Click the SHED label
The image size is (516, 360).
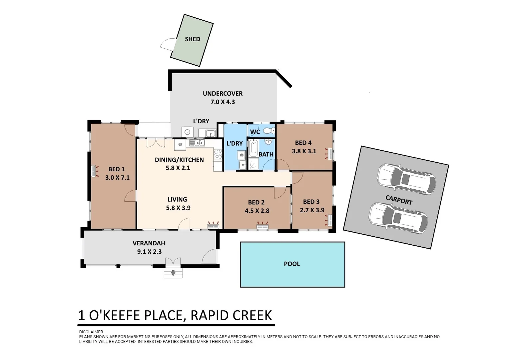pyautogui.click(x=193, y=39)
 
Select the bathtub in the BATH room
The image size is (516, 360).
pyautogui.click(x=253, y=150)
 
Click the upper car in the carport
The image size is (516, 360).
pyautogui.click(x=406, y=179)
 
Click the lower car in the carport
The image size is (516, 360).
pyautogui.click(x=398, y=218)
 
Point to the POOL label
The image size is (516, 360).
pyautogui.click(x=292, y=264)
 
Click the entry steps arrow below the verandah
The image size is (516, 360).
pyautogui.click(x=173, y=273)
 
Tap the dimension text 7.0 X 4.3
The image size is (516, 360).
pyautogui.click(x=223, y=102)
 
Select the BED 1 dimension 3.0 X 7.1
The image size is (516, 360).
pyautogui.click(x=117, y=178)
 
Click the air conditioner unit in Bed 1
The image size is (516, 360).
pyautogui.click(x=94, y=171)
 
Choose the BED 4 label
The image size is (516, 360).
pyautogui.click(x=303, y=143)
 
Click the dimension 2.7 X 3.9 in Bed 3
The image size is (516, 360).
pyautogui.click(x=312, y=210)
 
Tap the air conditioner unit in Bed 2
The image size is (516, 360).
pyautogui.click(x=262, y=227)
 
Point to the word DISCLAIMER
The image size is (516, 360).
pyautogui.click(x=91, y=332)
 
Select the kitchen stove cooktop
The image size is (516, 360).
pyautogui.click(x=218, y=154)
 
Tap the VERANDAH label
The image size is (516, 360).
pyautogui.click(x=149, y=243)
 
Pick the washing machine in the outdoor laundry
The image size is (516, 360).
pyautogui.click(x=187, y=132)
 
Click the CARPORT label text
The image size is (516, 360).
pyautogui.click(x=399, y=200)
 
